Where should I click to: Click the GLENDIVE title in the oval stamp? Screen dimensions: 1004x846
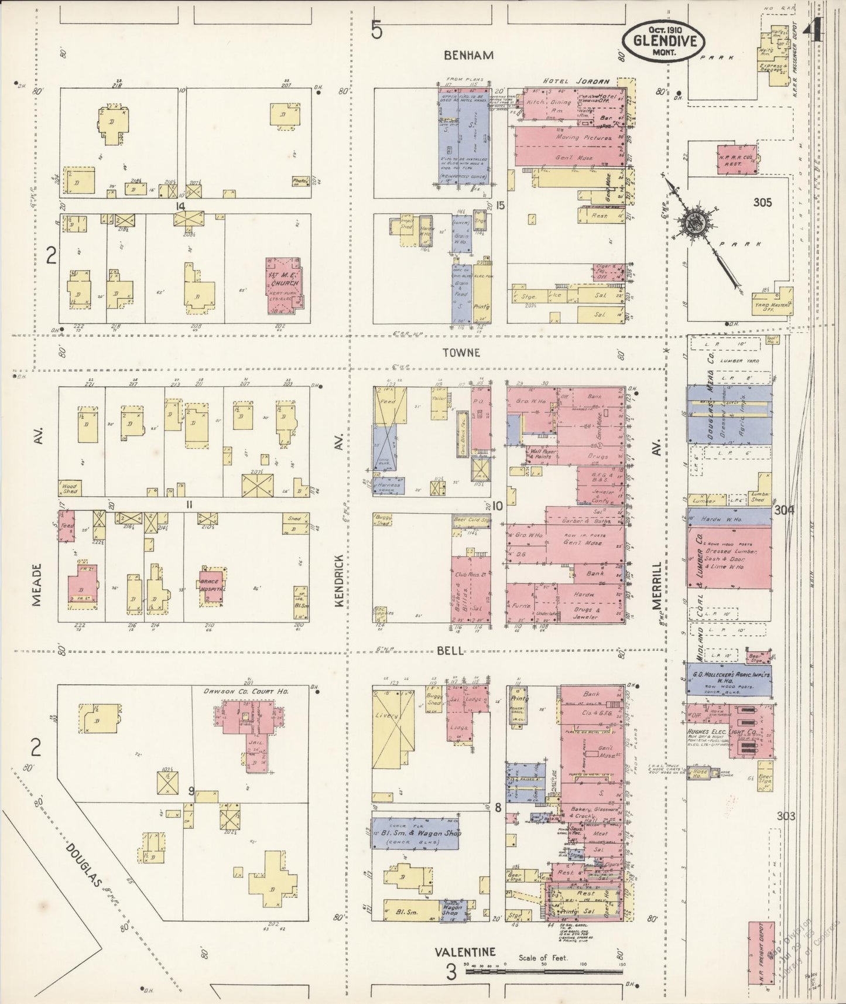(x=663, y=42)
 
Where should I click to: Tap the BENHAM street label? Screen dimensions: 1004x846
(x=468, y=55)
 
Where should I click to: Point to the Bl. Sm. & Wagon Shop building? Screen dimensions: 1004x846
(x=415, y=833)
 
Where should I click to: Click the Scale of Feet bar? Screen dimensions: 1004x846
(x=544, y=971)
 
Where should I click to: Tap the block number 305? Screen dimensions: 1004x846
(x=762, y=203)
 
